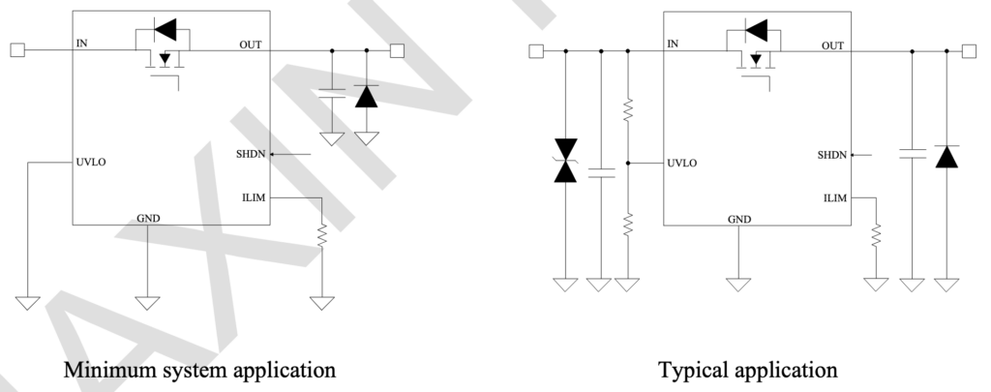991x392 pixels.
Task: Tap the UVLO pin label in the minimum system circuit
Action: tap(91, 162)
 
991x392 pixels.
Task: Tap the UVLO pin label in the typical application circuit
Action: tap(682, 163)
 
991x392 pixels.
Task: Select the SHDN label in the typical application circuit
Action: tap(832, 154)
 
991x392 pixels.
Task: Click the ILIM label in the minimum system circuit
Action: tap(255, 197)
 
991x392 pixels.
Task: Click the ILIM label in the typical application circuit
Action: tap(835, 198)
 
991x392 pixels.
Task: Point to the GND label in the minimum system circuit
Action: tap(149, 218)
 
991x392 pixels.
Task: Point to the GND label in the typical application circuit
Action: tap(739, 219)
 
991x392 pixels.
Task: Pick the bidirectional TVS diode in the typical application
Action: tap(563, 161)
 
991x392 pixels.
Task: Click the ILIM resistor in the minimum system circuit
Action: tap(321, 235)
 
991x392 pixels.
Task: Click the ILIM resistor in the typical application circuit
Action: tap(876, 235)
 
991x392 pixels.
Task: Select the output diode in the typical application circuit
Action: tap(947, 155)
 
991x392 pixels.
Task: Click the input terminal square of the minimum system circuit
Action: tap(16, 49)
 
